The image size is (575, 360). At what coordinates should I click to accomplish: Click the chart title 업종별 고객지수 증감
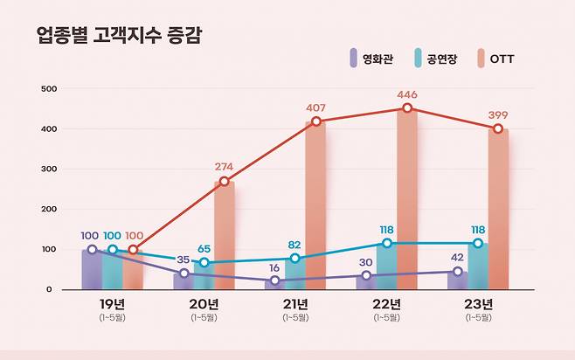point(123,35)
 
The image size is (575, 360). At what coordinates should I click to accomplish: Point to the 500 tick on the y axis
point(49,89)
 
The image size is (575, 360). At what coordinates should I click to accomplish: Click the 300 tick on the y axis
point(49,170)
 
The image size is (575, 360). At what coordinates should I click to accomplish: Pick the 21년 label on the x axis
point(295,304)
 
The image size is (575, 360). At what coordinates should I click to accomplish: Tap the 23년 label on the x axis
point(477,304)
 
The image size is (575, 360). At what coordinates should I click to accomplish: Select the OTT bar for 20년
point(225,236)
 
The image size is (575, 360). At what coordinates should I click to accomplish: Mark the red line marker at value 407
point(315,121)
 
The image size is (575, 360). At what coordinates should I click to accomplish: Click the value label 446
point(406,94)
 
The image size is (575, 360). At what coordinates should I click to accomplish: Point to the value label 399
point(497,114)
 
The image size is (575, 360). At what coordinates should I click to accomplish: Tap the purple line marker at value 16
point(274,281)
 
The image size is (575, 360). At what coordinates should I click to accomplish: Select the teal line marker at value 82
point(295,258)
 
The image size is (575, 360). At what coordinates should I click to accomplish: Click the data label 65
point(204,249)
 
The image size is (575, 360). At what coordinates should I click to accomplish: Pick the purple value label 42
point(456,258)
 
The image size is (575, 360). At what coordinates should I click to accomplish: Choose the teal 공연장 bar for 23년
point(477,267)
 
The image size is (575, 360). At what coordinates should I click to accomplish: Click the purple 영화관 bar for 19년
point(92,270)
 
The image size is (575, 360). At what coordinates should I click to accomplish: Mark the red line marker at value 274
point(225,182)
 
